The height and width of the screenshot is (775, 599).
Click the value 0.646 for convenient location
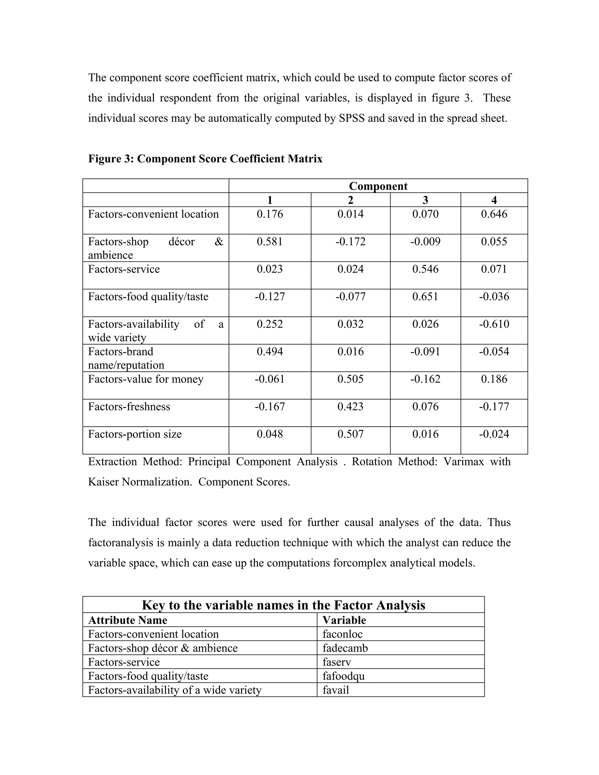[x=494, y=214]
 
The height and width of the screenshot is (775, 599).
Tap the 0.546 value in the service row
[x=425, y=269]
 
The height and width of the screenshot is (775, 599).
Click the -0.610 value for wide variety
[x=494, y=324]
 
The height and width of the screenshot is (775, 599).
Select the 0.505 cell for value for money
[x=350, y=379]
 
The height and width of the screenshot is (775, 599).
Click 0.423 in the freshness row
[x=350, y=407]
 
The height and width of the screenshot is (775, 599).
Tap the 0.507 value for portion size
[x=350, y=434]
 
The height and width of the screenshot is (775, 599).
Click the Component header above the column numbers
[x=378, y=186]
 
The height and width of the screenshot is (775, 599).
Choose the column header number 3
[x=425, y=200]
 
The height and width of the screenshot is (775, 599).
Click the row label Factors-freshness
[x=129, y=407]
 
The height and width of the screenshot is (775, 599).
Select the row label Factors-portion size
[x=135, y=434]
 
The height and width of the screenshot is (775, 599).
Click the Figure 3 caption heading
[x=205, y=159]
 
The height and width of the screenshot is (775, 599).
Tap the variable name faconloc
[x=342, y=634]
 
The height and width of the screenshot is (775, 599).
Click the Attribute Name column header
[x=128, y=620]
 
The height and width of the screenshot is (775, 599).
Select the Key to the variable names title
[x=283, y=605]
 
